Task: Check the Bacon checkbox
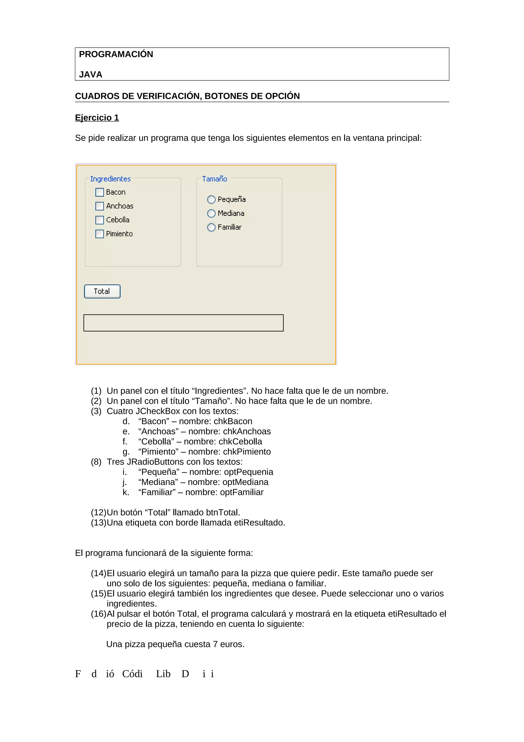tap(100, 192)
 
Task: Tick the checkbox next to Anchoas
tap(100, 206)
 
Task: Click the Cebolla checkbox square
tap(100, 220)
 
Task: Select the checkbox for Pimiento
tap(100, 234)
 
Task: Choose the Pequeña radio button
tap(211, 200)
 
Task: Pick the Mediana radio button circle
tap(211, 214)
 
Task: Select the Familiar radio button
tap(211, 228)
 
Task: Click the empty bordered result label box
tap(183, 323)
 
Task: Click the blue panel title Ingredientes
tap(111, 179)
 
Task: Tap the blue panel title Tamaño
tap(214, 179)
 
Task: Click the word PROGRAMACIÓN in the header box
tap(116, 54)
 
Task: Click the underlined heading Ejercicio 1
tap(97, 118)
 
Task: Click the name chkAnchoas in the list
tap(247, 431)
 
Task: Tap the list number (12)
tap(99, 513)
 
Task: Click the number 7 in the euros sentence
tap(215, 644)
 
